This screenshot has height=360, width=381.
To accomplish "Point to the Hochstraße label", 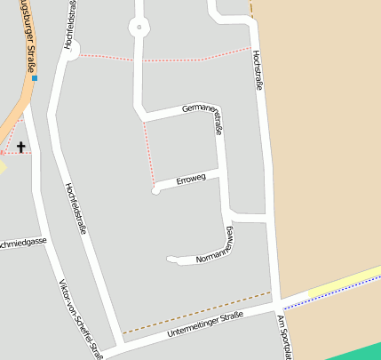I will tap(258, 71).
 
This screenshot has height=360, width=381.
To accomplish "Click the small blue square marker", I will tap(34, 78).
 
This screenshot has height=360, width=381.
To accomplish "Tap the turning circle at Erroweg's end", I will tap(155, 190).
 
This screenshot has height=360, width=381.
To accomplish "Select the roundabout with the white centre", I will tap(138, 28).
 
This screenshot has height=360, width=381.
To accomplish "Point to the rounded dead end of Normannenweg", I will tap(171, 260).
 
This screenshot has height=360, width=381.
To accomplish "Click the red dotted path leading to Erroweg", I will tap(149, 151).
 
